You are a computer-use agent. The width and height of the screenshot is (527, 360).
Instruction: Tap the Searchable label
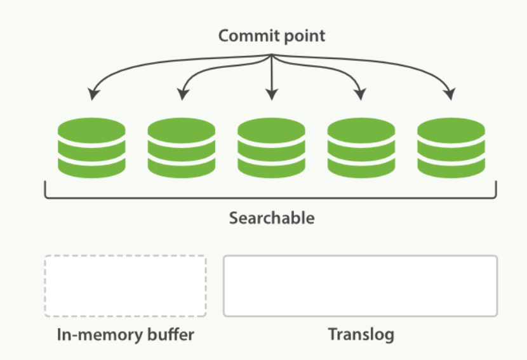pyautogui.click(x=272, y=218)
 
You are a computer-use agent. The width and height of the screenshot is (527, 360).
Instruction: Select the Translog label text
pyautogui.click(x=361, y=335)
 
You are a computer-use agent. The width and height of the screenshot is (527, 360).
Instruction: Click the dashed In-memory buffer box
pyautogui.click(x=125, y=286)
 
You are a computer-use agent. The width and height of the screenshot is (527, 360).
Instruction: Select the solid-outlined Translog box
pyautogui.click(x=360, y=286)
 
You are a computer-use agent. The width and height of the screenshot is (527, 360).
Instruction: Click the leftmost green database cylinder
pyautogui.click(x=92, y=148)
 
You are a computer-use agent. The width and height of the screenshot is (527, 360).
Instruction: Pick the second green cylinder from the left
pyautogui.click(x=182, y=148)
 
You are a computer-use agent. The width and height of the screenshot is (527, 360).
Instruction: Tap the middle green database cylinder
pyautogui.click(x=271, y=148)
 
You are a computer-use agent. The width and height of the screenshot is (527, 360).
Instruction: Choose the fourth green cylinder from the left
pyautogui.click(x=361, y=148)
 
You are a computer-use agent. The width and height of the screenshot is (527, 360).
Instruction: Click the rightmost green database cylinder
pyautogui.click(x=451, y=148)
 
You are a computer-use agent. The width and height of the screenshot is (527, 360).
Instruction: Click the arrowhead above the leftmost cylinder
pyautogui.click(x=93, y=94)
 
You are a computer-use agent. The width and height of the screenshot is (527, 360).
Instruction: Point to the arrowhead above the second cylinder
pyautogui.click(x=182, y=94)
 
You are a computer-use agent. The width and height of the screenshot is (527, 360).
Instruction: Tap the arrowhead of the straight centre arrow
pyautogui.click(x=272, y=95)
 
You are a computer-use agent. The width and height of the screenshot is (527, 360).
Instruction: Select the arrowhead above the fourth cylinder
pyautogui.click(x=361, y=94)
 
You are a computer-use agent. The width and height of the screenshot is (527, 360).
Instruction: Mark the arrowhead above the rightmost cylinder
pyautogui.click(x=450, y=94)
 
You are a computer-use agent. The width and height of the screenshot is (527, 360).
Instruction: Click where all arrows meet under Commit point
pyautogui.click(x=272, y=55)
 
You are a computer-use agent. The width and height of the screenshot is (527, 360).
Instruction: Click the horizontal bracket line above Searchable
pyautogui.click(x=270, y=198)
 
